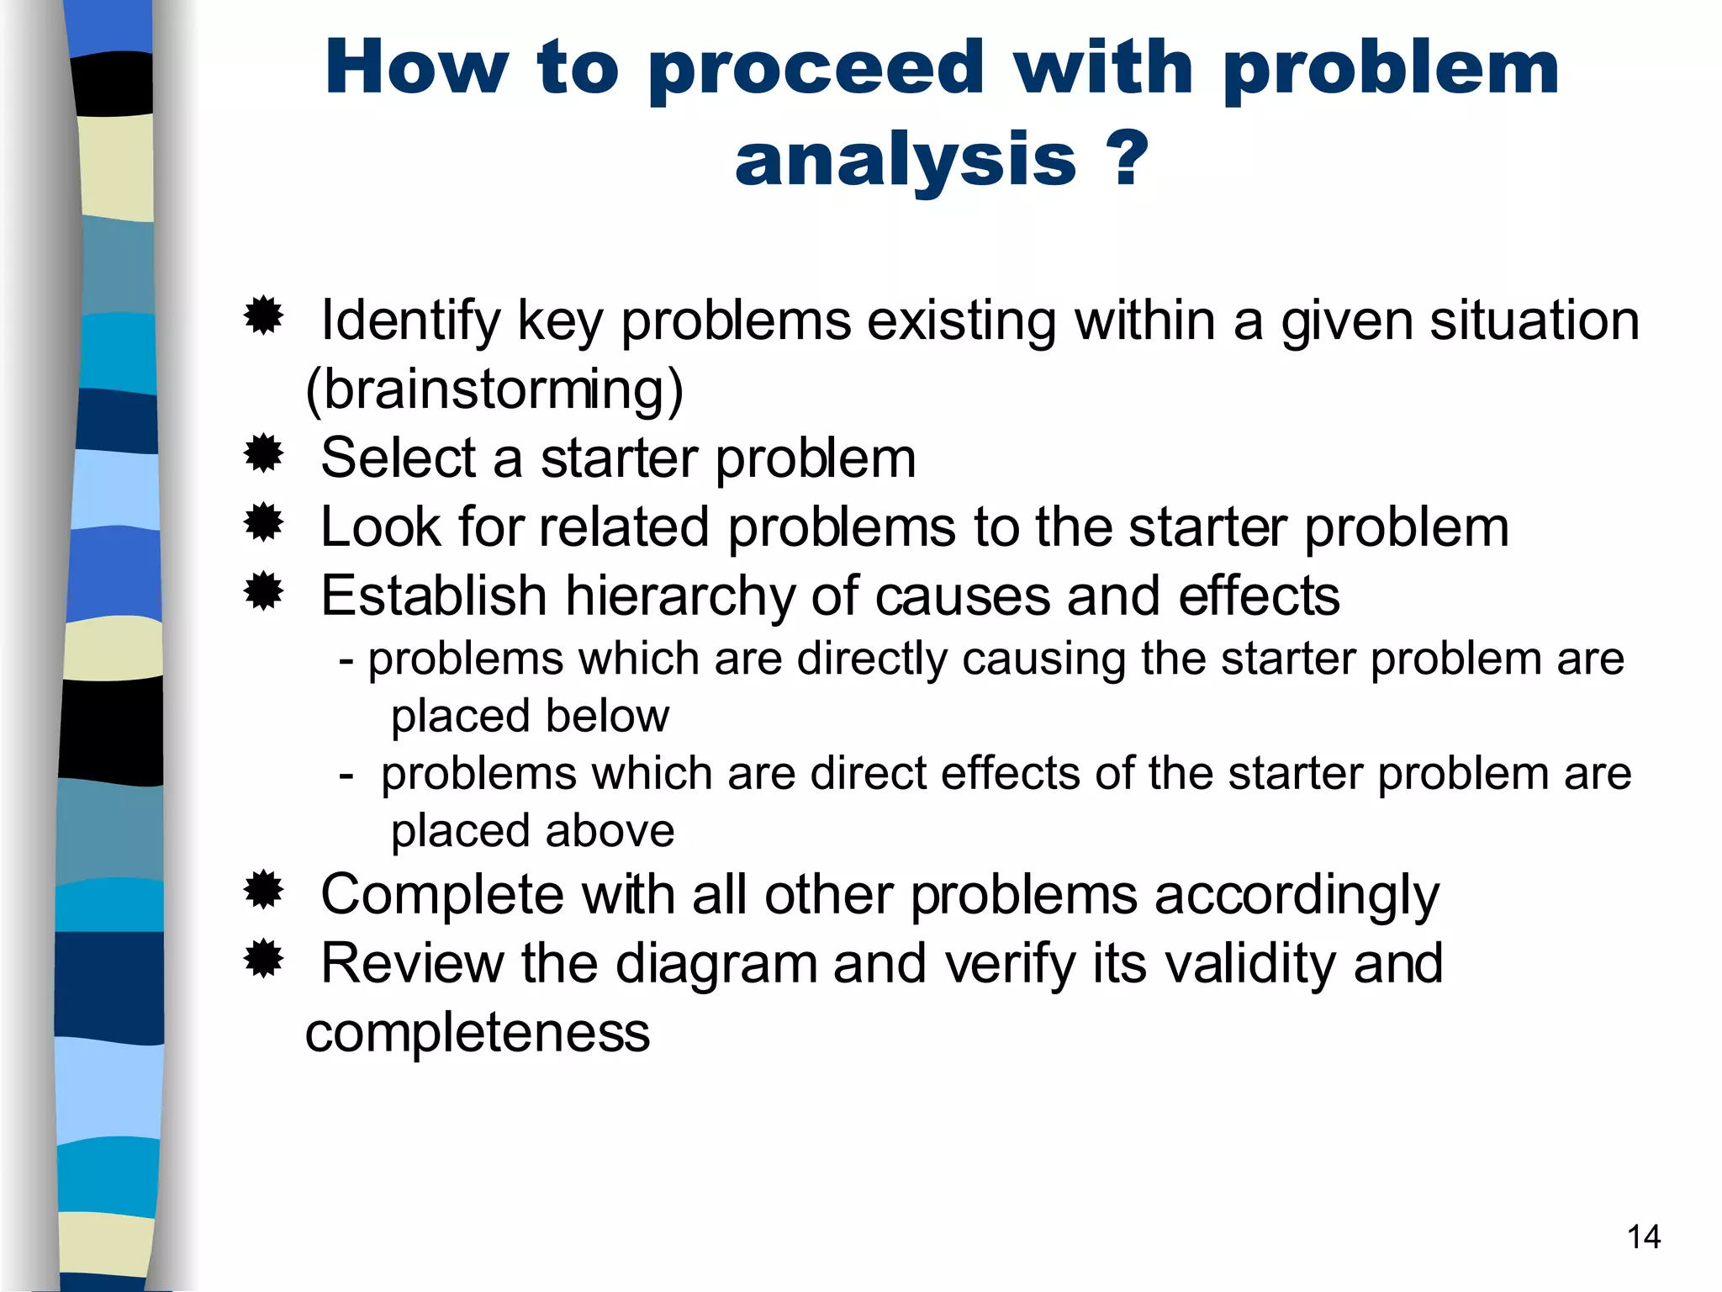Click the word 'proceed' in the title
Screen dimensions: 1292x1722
[816, 69]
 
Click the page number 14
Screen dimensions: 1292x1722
[1643, 1237]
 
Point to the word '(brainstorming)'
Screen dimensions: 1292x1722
[494, 390]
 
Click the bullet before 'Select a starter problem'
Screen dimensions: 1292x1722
[263, 454]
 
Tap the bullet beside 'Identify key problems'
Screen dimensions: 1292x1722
[263, 316]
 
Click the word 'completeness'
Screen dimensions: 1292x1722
[477, 1033]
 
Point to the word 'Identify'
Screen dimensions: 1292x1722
[409, 321]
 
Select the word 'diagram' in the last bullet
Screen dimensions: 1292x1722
[716, 964]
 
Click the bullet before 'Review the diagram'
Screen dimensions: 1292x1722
[263, 959]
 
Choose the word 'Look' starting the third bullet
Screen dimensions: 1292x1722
[380, 528]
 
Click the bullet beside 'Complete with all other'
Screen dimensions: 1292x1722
[263, 890]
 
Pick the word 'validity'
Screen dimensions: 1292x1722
[1249, 964]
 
